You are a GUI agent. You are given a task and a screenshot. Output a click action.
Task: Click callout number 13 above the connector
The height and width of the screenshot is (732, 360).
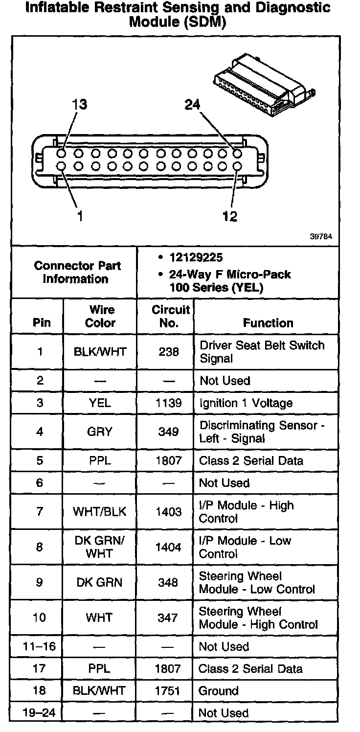(x=79, y=105)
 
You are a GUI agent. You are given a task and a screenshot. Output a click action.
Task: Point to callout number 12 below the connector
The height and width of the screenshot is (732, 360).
(x=229, y=216)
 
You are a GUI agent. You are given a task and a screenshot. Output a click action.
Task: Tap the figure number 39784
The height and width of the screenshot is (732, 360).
(x=321, y=236)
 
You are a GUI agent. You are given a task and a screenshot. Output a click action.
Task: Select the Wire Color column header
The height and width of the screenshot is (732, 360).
(x=100, y=316)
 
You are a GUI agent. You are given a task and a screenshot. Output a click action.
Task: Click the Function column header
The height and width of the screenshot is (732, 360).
(x=268, y=323)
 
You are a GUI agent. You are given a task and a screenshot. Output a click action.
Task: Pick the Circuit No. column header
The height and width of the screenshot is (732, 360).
(x=169, y=316)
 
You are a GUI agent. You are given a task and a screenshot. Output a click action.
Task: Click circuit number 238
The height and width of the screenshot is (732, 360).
(x=169, y=352)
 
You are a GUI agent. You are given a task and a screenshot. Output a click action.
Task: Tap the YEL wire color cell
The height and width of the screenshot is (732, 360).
(x=100, y=403)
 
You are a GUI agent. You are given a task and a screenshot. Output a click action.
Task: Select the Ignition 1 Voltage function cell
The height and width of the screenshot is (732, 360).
(x=246, y=403)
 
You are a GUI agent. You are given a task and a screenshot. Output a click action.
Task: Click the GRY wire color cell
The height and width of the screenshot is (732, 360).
(x=100, y=432)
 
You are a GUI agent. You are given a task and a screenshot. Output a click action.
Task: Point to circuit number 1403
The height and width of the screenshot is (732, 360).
(x=168, y=512)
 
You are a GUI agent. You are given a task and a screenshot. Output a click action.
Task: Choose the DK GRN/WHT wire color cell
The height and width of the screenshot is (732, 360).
(x=100, y=547)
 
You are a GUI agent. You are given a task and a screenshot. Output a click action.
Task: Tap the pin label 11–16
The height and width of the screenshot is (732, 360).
(x=39, y=646)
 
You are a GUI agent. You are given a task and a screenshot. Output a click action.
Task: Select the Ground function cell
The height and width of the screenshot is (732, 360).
(x=219, y=691)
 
